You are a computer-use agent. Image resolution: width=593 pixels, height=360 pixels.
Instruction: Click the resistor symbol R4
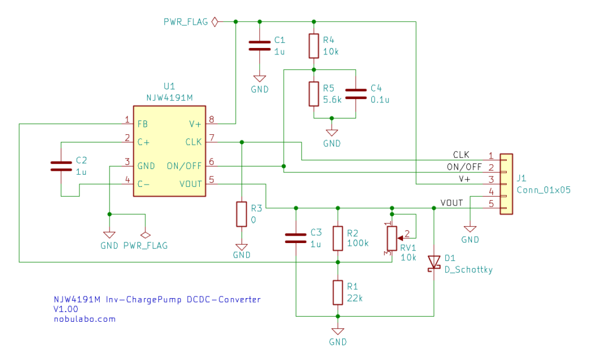313,46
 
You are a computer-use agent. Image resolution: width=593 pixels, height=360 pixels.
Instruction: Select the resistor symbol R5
313,93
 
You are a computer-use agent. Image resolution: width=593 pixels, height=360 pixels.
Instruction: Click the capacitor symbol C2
61,166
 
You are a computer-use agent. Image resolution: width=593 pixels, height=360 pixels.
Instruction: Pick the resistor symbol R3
241,214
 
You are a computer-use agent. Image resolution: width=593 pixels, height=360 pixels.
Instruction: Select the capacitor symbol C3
296,237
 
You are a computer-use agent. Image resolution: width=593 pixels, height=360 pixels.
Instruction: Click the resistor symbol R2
338,238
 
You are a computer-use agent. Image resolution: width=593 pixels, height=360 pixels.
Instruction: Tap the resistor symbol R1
338,292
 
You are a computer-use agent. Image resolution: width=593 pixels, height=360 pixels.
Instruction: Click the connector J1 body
506,184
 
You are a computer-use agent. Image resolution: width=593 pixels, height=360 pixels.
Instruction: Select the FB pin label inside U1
142,124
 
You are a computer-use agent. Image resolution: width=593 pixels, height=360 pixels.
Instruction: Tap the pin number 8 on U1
212,120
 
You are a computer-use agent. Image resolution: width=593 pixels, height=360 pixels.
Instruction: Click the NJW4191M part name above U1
170,98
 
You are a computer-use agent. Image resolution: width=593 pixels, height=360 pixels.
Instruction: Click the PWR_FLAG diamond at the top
215,22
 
